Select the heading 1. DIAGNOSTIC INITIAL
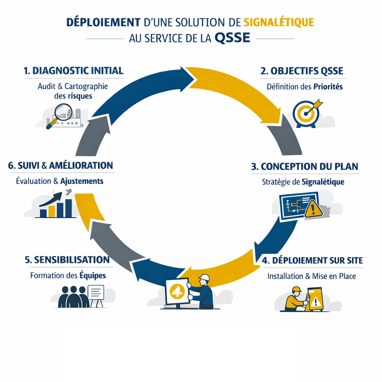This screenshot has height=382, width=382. pos(73,70)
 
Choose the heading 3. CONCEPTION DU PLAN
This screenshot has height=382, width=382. pos(304,167)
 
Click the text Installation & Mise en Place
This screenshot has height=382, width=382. pos(311,276)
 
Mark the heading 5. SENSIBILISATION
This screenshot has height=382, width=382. pos(66,260)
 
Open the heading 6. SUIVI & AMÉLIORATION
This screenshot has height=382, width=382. pos(61,166)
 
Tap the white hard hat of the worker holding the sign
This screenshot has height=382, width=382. pos(204,277)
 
